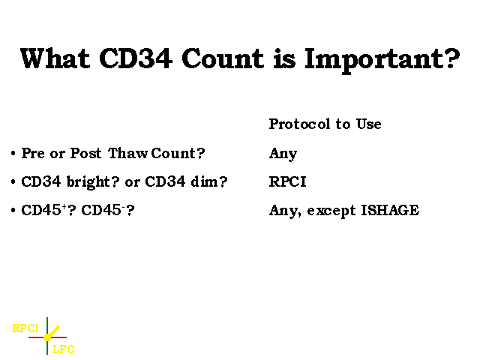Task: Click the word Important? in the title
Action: click(x=382, y=60)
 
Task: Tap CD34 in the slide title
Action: click(x=136, y=58)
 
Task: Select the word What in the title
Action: click(x=55, y=58)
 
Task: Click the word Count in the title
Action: click(x=223, y=58)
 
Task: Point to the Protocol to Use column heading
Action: click(x=325, y=124)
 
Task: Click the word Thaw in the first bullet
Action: click(x=127, y=153)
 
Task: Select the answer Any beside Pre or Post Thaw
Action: click(x=283, y=154)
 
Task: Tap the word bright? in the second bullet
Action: click(x=93, y=182)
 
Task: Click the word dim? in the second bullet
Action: click(x=209, y=181)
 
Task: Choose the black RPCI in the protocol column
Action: click(x=288, y=181)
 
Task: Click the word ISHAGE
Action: click(x=390, y=210)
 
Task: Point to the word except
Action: click(x=331, y=211)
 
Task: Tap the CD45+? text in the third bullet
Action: click(x=48, y=210)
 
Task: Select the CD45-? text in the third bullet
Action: click(x=108, y=210)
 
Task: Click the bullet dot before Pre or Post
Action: click(x=13, y=153)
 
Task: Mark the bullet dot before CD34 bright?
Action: click(x=13, y=181)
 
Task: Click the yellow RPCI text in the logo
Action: click(x=25, y=328)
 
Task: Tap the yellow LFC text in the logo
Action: click(x=64, y=349)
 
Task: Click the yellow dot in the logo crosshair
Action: click(x=47, y=337)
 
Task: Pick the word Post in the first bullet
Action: click(x=85, y=153)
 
